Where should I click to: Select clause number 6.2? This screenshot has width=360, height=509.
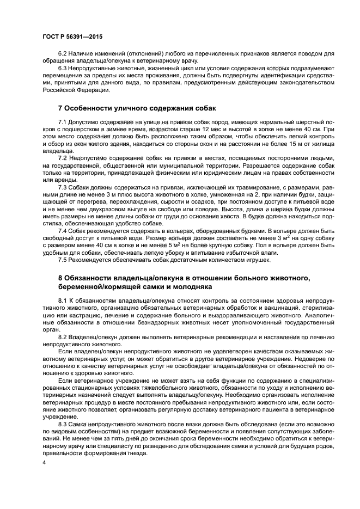coord(62,56)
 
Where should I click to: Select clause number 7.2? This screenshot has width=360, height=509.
coord(62,158)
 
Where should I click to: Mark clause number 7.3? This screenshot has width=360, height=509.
coord(62,186)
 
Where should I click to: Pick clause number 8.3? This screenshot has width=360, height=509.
coord(62,425)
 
